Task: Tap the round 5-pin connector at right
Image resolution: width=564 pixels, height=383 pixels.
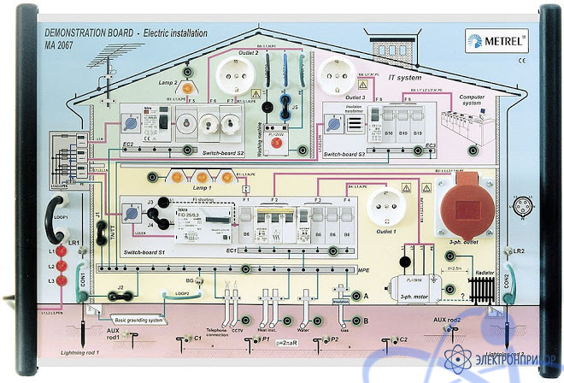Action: pyautogui.click(x=522, y=206)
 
